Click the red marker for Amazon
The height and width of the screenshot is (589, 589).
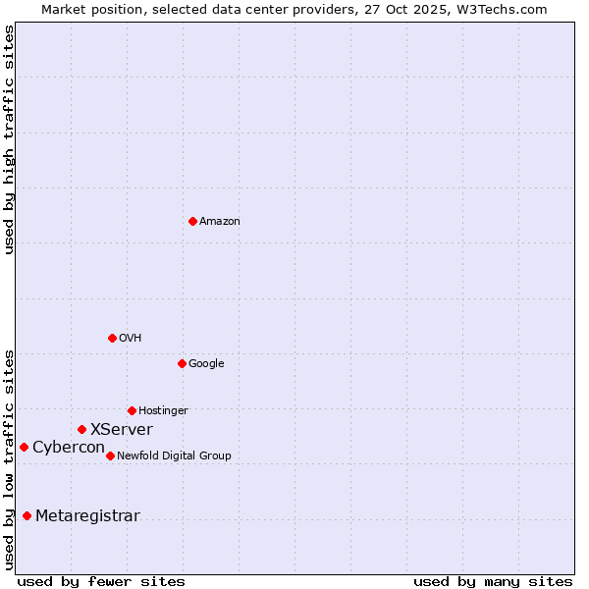[192, 221]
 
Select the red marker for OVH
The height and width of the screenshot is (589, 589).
[112, 338]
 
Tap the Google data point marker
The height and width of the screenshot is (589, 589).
[182, 363]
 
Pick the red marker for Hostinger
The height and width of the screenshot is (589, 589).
[132, 410]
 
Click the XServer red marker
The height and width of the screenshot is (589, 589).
[81, 429]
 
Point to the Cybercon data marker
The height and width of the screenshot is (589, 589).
[24, 447]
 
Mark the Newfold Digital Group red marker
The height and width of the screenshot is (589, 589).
[110, 455]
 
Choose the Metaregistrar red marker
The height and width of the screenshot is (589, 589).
[27, 515]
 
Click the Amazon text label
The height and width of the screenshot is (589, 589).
[220, 222]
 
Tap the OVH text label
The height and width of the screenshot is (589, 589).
[131, 339]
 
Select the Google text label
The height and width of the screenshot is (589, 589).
[206, 364]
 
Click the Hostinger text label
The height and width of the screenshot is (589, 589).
[163, 411]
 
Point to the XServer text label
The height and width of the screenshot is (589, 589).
[122, 430]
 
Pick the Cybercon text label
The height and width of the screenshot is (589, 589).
[69, 448]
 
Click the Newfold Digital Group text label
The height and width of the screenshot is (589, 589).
[174, 456]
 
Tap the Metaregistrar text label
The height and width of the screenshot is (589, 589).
[87, 516]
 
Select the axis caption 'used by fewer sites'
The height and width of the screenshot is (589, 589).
[101, 581]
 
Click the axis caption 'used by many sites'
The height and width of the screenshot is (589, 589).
[493, 581]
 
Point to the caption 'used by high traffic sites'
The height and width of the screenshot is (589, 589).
[10, 139]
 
